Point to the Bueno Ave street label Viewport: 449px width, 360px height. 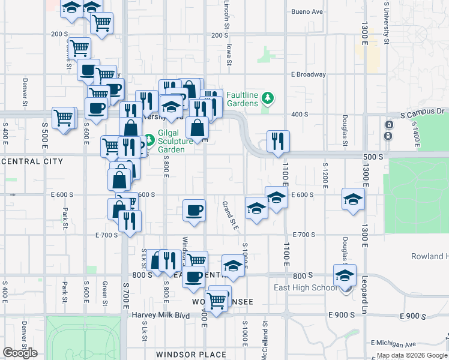pos(307,11)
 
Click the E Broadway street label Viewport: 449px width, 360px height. pos(308,75)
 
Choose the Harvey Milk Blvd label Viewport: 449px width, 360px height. pos(161,315)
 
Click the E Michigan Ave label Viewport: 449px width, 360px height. pos(393,343)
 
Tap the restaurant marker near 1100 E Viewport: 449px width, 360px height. pos(277,141)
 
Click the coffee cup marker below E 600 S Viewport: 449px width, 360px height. pos(193,210)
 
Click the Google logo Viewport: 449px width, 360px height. pos(20,353)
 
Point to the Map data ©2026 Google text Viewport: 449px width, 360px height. pos(411,355)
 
